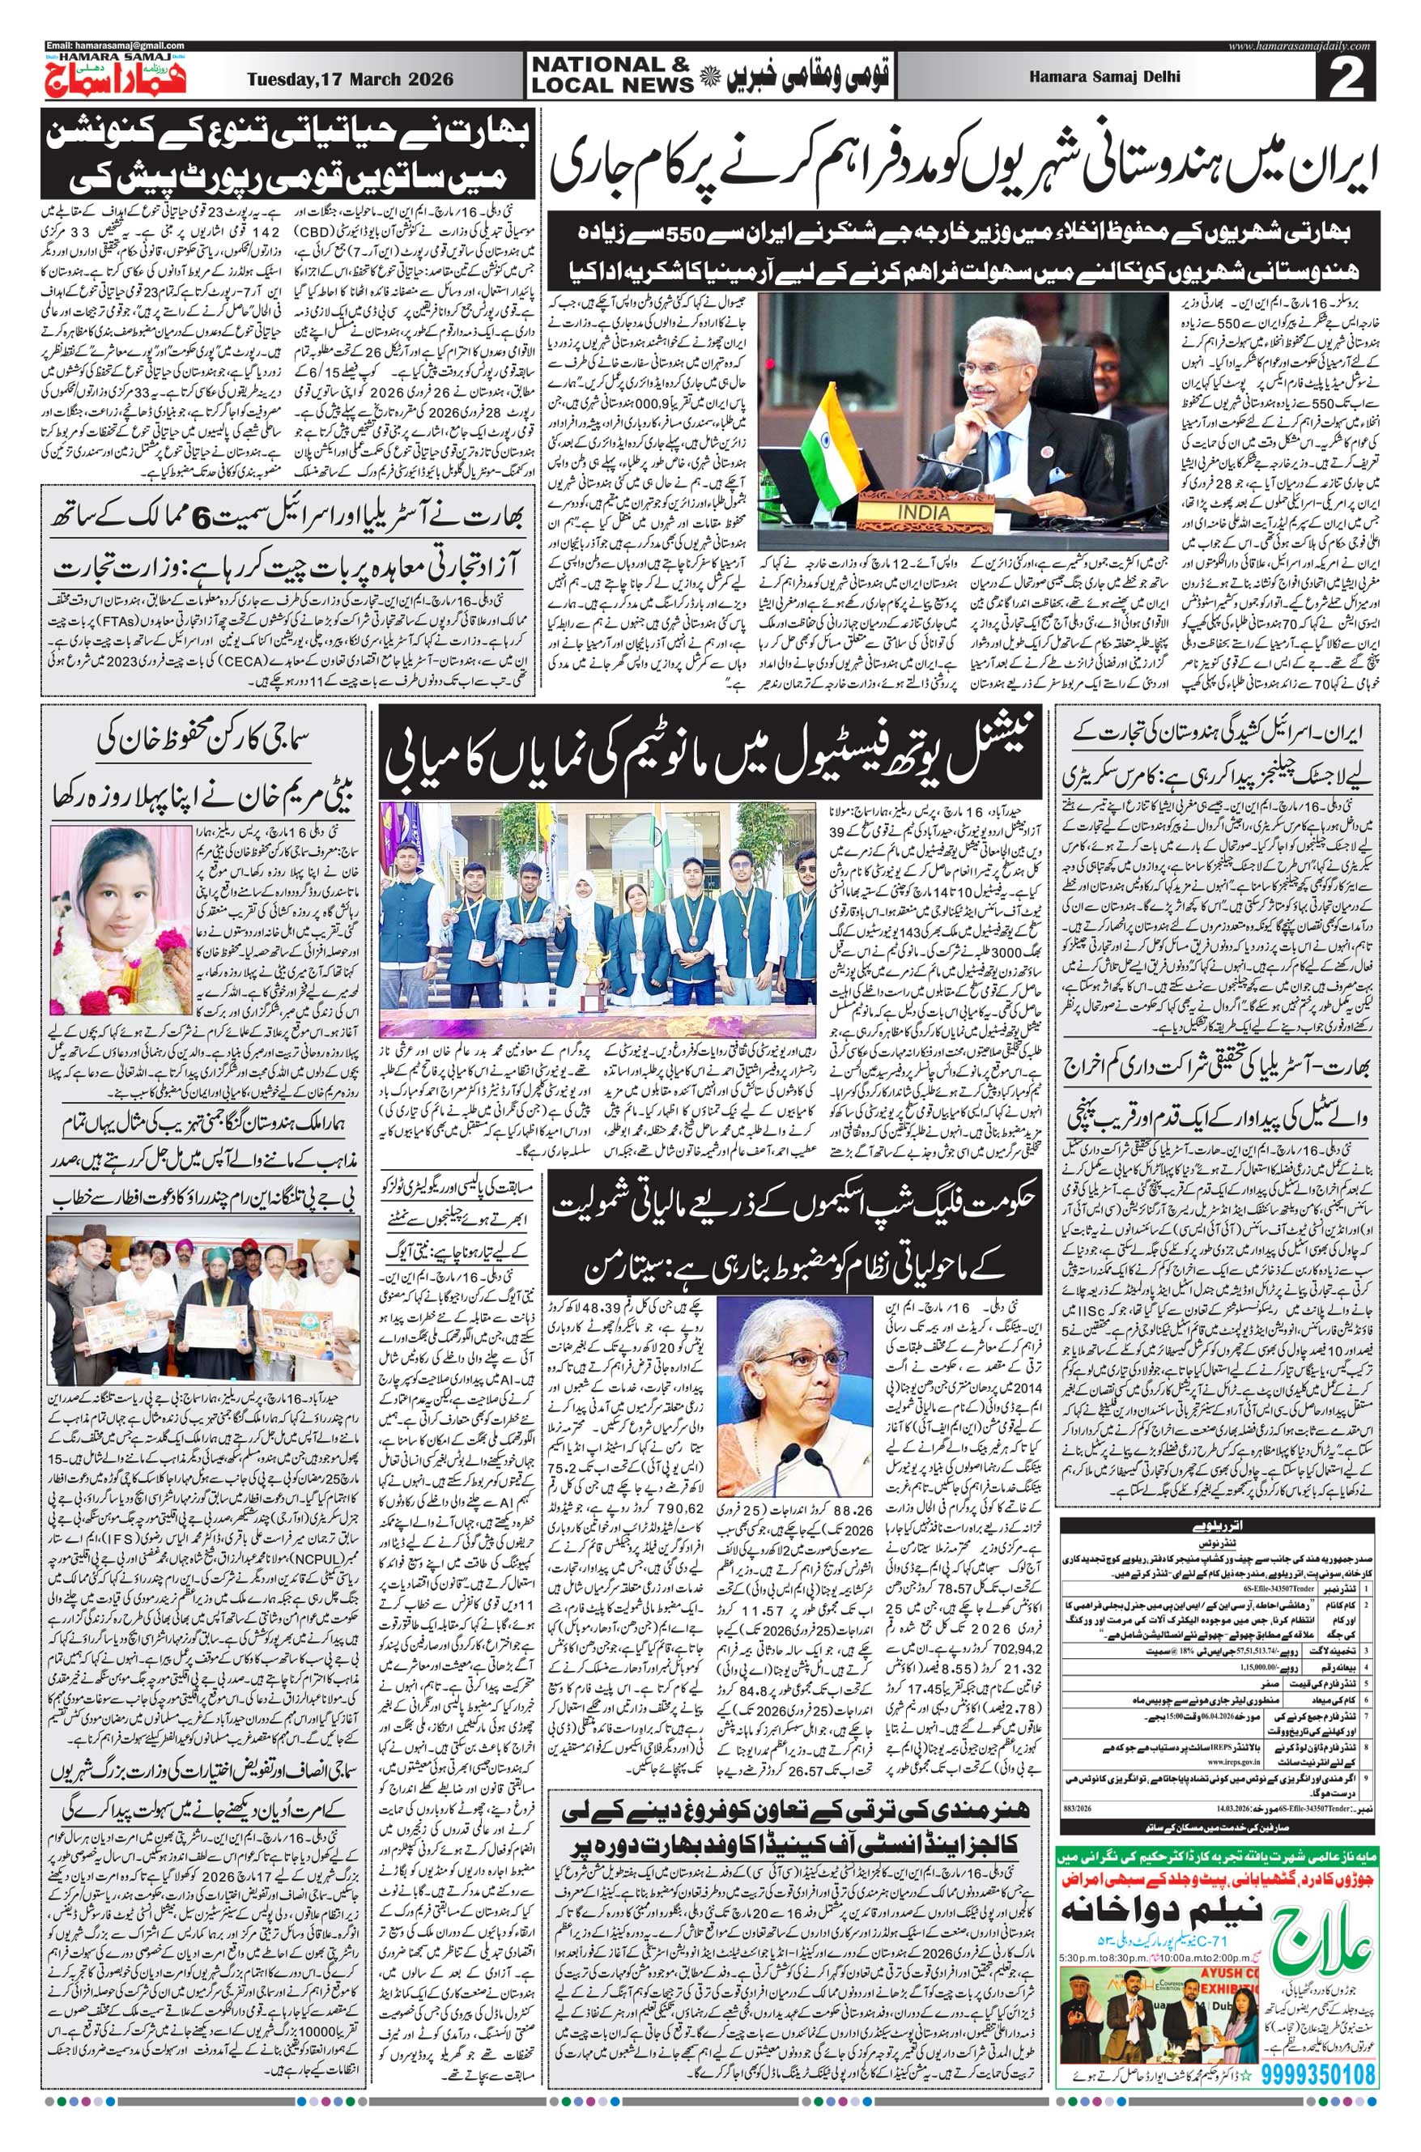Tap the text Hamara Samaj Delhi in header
pyautogui.click(x=1104, y=77)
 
